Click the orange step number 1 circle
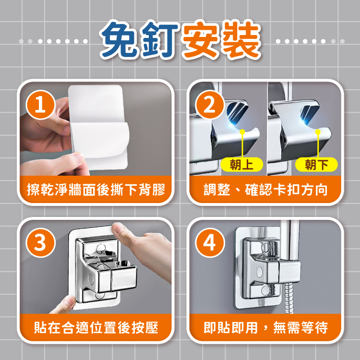(x=41, y=105)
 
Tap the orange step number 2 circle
(x=210, y=105)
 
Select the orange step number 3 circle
(x=41, y=242)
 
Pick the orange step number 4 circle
(x=210, y=242)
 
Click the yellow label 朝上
(x=242, y=165)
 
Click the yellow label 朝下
(x=316, y=165)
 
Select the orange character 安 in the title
(x=200, y=39)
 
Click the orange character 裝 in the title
(x=241, y=39)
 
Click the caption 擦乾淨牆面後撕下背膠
(x=96, y=190)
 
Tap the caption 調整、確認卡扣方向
(x=265, y=190)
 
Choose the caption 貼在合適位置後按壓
(x=96, y=327)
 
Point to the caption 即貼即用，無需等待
(x=265, y=327)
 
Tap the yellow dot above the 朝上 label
(x=242, y=132)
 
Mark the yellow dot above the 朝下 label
(x=318, y=132)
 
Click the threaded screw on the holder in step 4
(x=272, y=290)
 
